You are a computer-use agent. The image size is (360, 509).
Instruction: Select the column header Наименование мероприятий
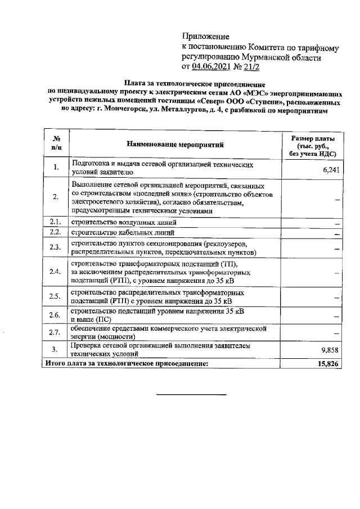point(175,144)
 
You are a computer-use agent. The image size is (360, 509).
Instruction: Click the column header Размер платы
point(312,138)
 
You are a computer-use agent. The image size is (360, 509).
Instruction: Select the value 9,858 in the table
point(330,350)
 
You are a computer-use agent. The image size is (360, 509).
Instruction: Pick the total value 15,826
point(328,364)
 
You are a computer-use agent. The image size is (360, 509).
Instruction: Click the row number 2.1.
point(55,222)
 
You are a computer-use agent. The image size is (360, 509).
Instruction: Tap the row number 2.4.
point(55,272)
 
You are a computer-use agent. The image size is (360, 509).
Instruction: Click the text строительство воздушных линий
point(123,222)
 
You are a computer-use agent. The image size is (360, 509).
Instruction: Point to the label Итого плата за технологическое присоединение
point(127,364)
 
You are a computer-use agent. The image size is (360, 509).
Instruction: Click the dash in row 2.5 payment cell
point(336,298)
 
